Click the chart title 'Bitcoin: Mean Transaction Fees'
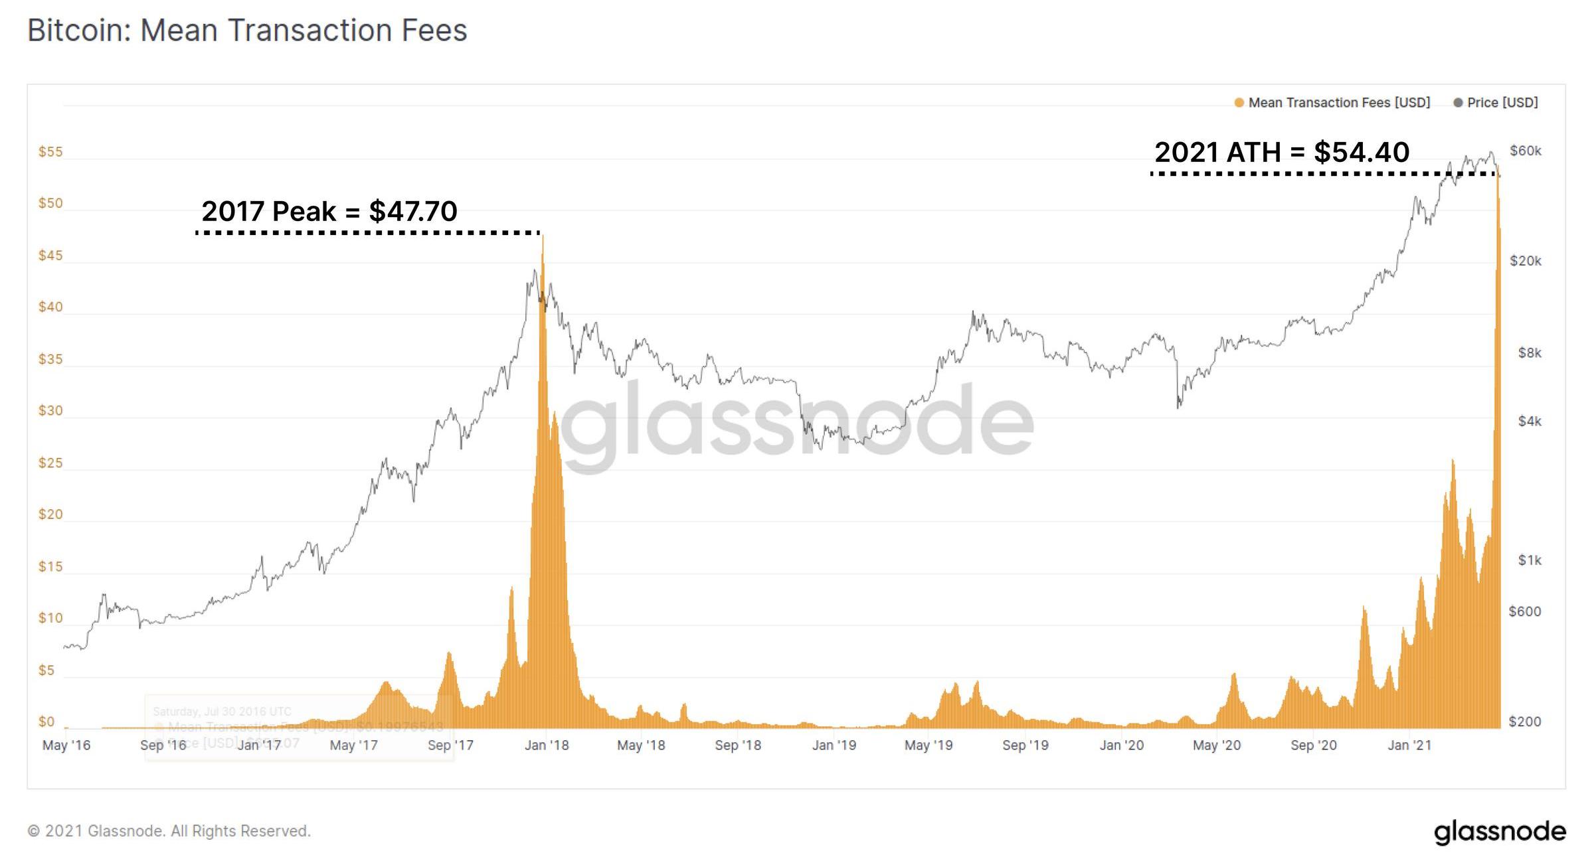click(x=247, y=31)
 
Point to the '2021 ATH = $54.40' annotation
click(x=1282, y=152)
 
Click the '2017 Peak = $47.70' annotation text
click(x=329, y=211)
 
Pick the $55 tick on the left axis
click(x=50, y=152)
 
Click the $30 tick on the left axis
click(x=50, y=411)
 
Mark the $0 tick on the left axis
click(x=46, y=722)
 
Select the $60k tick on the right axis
click(x=1526, y=151)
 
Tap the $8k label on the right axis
click(x=1530, y=352)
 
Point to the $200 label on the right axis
click(x=1525, y=722)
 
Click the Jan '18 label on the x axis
click(x=547, y=745)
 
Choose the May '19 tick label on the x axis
click(x=929, y=745)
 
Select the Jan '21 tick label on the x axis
click(x=1409, y=745)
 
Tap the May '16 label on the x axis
click(x=66, y=745)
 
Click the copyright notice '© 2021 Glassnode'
click(x=169, y=831)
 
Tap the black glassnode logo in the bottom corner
click(x=1500, y=832)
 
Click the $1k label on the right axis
click(x=1530, y=560)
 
